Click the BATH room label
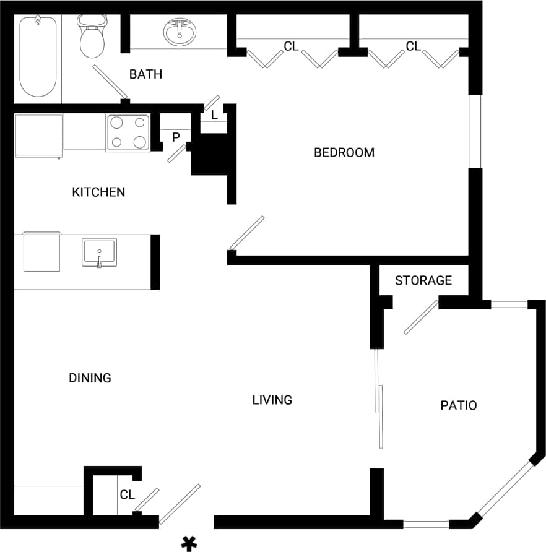tap(145, 74)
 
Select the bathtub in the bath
tap(38, 57)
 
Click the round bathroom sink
tap(180, 31)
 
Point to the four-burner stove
tap(128, 132)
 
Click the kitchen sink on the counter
tap(99, 252)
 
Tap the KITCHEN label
tap(98, 192)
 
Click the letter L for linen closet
tap(214, 115)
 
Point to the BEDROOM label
tap(344, 152)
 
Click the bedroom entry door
tap(246, 233)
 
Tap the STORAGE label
tap(423, 280)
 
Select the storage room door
tap(421, 318)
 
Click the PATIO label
tap(459, 406)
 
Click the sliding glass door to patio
tap(378, 399)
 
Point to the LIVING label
tap(272, 400)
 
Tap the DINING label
tap(90, 377)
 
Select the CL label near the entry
tap(128, 494)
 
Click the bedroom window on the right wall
tap(475, 131)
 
